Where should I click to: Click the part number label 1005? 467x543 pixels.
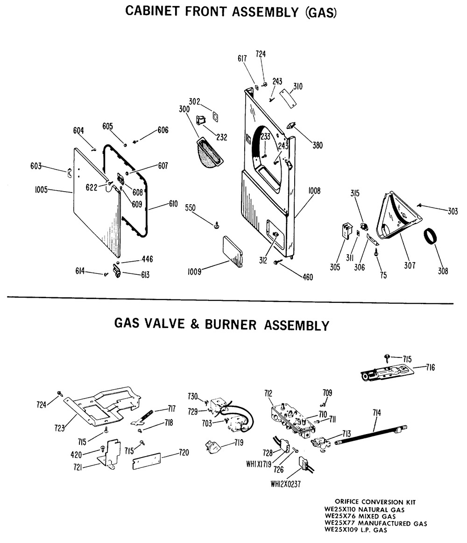42,189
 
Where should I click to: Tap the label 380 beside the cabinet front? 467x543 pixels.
317,145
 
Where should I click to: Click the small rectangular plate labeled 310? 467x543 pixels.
289,100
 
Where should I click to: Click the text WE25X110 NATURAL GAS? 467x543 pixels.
365,509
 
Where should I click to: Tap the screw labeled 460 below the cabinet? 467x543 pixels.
307,277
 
